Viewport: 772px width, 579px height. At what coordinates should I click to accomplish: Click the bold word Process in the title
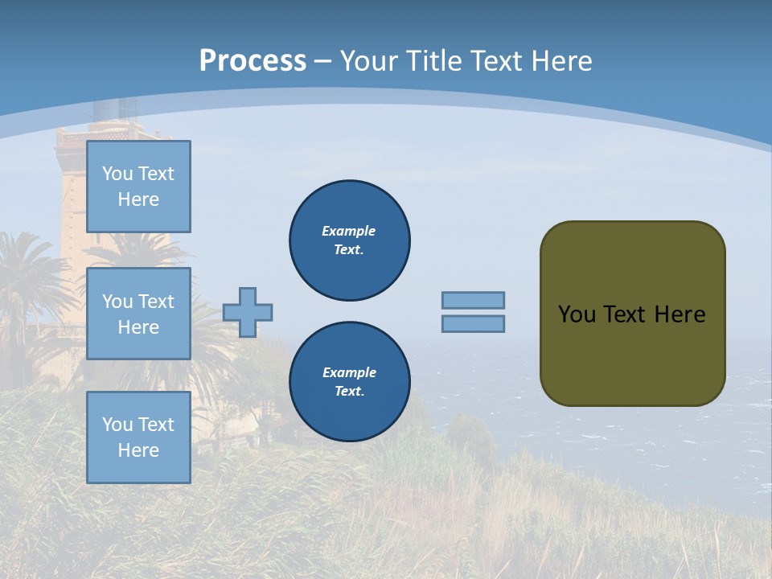[253, 61]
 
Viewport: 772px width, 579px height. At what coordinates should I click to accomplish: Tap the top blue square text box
[138, 187]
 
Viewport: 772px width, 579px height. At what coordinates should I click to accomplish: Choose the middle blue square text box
[138, 314]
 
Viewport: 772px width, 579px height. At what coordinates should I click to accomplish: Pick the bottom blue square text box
[138, 437]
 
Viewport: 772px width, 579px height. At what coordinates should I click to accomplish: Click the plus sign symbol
[248, 312]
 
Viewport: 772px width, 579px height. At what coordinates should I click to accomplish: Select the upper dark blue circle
[349, 240]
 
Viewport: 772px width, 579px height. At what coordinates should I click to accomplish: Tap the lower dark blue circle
[349, 382]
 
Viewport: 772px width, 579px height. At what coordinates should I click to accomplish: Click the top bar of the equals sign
[473, 300]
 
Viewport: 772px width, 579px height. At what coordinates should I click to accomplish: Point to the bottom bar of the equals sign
[473, 323]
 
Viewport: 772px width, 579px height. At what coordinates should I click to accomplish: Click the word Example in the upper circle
[348, 231]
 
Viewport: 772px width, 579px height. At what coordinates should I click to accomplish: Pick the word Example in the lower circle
[349, 372]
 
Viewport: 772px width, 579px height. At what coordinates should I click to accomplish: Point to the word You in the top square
[117, 174]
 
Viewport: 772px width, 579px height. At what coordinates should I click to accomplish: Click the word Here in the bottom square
[138, 450]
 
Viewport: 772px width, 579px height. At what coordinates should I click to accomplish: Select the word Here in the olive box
[680, 314]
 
